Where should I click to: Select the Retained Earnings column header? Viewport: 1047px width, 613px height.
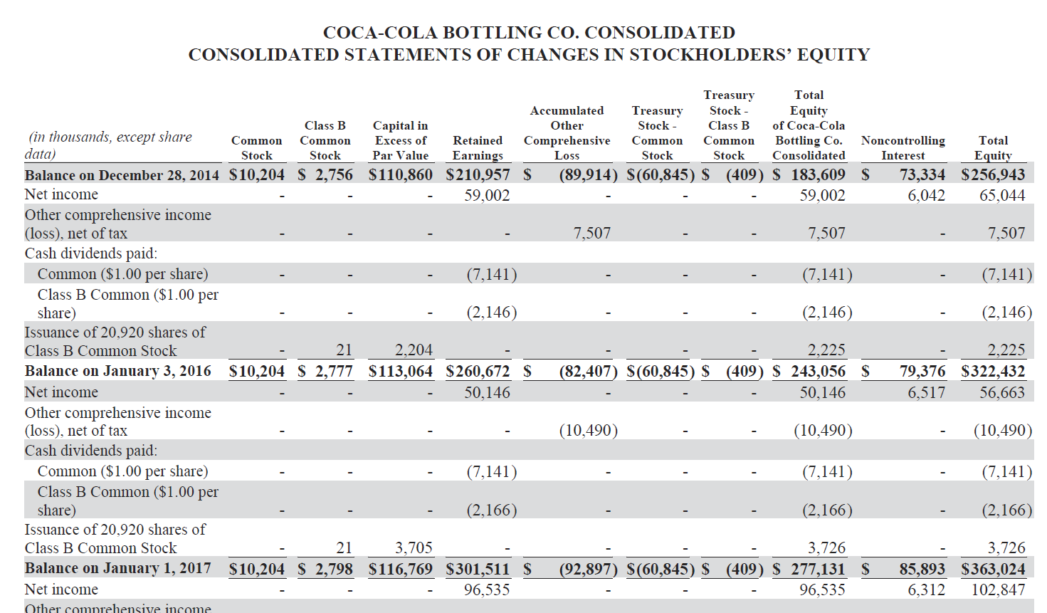[x=478, y=148]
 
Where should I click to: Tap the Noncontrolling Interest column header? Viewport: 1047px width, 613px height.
[x=903, y=148]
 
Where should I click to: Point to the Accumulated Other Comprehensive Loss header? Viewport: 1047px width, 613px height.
[x=567, y=133]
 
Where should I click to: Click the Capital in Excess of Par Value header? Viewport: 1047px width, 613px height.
[x=400, y=140]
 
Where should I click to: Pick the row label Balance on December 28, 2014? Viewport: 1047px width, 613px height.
[x=122, y=175]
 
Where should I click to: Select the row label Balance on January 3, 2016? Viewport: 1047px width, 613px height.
[x=118, y=371]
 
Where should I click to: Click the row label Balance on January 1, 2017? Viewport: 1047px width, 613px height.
[x=118, y=568]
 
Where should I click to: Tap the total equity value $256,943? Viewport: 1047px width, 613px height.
[x=993, y=175]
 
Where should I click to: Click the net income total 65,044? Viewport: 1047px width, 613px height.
[x=1002, y=195]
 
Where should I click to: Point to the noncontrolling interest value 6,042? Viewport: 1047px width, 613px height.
[x=926, y=195]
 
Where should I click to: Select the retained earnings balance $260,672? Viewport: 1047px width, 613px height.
[x=478, y=372]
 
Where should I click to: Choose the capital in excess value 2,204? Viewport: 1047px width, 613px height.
[x=414, y=350]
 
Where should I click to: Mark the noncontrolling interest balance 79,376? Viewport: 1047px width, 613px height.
[x=922, y=372]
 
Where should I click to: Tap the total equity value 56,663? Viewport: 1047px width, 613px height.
[x=1002, y=392]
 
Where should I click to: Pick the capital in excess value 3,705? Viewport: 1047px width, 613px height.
[x=414, y=547]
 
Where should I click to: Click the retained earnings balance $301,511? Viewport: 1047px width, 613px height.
[x=478, y=569]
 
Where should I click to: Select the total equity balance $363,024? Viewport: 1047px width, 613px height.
[x=993, y=569]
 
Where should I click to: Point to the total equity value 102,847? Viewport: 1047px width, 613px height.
[x=998, y=590]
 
